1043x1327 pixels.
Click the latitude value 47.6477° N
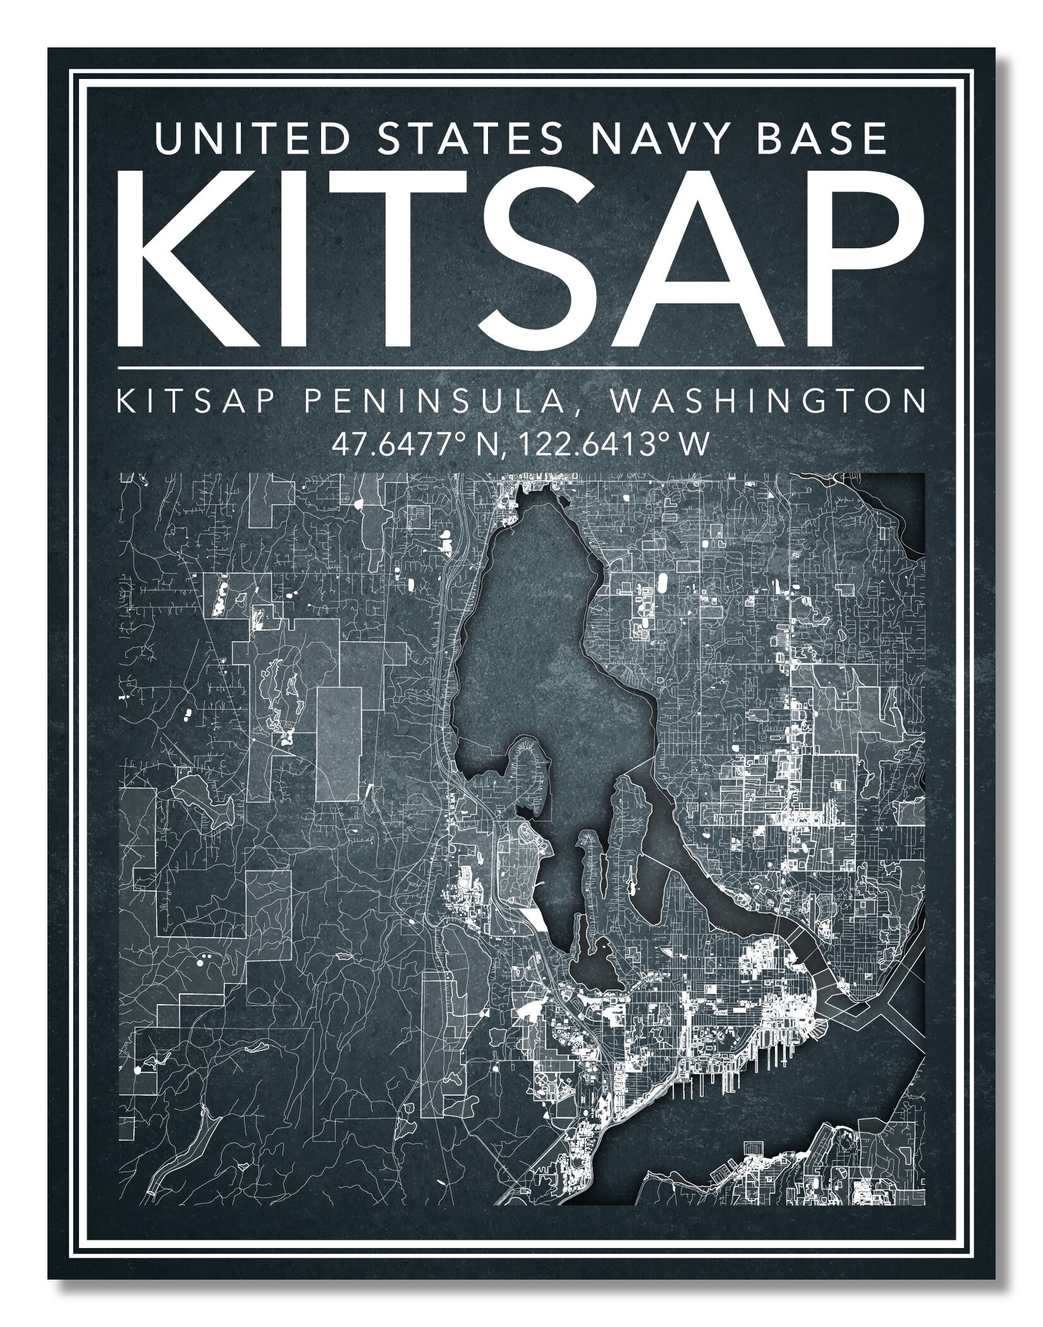tap(417, 445)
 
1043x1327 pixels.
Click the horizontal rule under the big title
tap(520, 367)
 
